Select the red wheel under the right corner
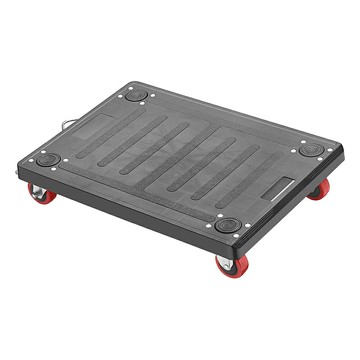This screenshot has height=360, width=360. [x=319, y=190]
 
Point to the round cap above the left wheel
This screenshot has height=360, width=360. [x=47, y=159]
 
